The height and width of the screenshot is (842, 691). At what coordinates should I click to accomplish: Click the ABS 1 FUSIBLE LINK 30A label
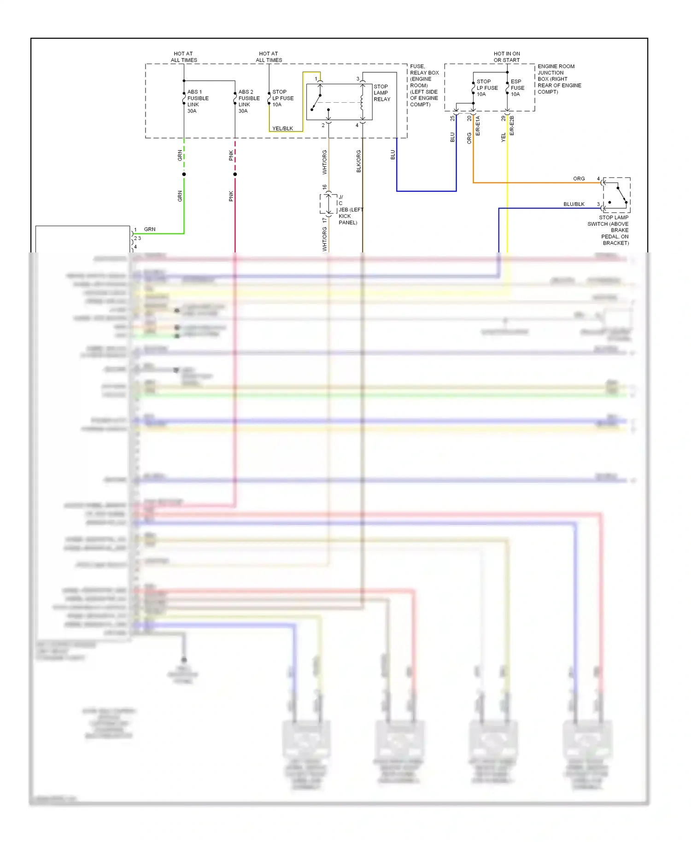[x=198, y=101]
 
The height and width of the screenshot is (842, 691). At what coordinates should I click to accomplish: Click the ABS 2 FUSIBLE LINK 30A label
[x=249, y=101]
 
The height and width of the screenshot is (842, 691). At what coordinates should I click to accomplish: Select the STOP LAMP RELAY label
[x=382, y=93]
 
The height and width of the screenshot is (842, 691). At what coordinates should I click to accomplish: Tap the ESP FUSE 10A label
[x=517, y=88]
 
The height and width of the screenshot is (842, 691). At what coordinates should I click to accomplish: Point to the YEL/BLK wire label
[x=282, y=129]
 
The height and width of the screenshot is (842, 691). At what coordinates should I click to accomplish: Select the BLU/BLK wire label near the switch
[x=574, y=204]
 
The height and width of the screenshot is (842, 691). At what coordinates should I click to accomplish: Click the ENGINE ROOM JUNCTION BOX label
[x=559, y=79]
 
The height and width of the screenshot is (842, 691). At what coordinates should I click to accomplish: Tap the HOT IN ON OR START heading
[x=506, y=57]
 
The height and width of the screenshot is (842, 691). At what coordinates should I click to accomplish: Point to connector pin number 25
[x=452, y=118]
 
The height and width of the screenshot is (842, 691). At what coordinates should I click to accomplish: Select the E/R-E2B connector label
[x=512, y=125]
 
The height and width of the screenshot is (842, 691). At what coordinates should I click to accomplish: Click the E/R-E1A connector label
[x=478, y=125]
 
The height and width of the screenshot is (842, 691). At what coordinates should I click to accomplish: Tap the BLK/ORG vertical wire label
[x=358, y=161]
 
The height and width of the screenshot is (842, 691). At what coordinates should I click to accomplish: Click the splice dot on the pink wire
[x=235, y=174]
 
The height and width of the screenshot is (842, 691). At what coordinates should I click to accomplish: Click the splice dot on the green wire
[x=184, y=174]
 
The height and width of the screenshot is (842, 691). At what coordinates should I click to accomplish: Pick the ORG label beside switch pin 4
[x=579, y=179]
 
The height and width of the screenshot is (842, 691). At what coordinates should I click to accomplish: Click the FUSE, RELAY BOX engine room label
[x=424, y=85]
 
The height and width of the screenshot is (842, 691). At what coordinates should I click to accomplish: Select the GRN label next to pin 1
[x=150, y=229]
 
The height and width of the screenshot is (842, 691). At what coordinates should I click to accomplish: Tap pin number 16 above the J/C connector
[x=324, y=187]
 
